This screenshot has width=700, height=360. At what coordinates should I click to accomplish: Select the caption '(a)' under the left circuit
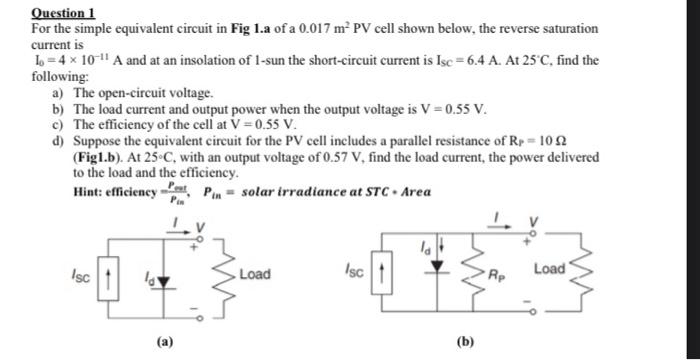(x=159, y=341)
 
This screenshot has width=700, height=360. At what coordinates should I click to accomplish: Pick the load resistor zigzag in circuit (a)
(x=229, y=272)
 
